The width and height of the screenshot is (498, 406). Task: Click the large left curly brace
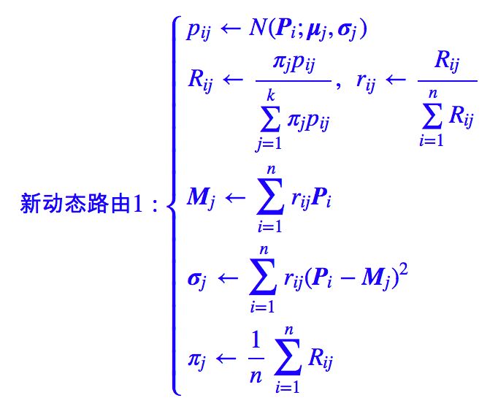point(173,205)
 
